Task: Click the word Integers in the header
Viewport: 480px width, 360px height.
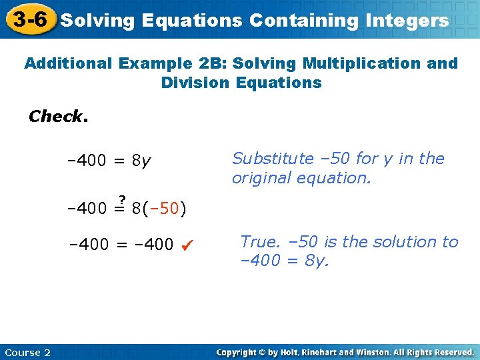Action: coord(407,21)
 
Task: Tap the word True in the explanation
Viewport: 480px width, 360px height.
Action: coord(258,241)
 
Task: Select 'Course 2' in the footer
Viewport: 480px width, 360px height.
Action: coord(27,352)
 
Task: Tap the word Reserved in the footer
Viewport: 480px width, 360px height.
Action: coord(451,352)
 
